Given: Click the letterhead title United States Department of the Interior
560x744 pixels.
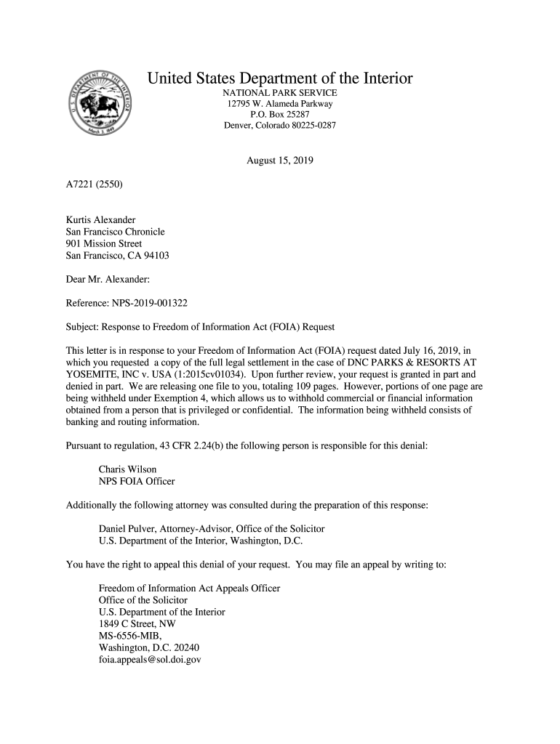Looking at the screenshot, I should click(x=280, y=78).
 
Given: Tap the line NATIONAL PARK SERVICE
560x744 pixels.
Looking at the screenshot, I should click(x=280, y=94).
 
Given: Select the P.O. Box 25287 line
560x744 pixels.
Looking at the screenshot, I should click(x=280, y=115).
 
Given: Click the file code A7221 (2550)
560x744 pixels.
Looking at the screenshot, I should click(x=95, y=185).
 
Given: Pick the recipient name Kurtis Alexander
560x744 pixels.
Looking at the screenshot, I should click(x=100, y=219).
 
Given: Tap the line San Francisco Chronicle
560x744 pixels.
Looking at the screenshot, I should click(x=115, y=232).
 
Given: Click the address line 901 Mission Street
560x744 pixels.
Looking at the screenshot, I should click(x=104, y=243).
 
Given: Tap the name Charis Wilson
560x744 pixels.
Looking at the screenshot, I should click(x=127, y=469).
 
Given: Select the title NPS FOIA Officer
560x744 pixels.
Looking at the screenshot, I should click(x=137, y=481).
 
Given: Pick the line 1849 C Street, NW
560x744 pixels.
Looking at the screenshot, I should click(x=137, y=623).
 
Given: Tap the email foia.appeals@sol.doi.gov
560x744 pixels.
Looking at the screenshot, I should click(x=149, y=660).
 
